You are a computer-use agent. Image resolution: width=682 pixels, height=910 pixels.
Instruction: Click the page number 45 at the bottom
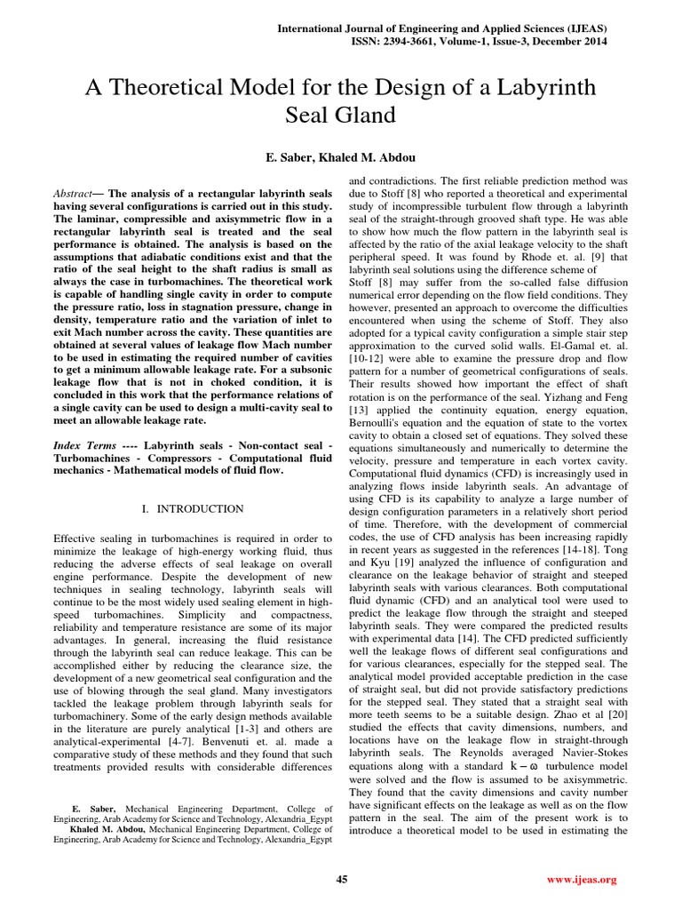tap(341, 880)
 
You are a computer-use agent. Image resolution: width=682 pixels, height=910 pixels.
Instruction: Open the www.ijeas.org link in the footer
tap(583, 880)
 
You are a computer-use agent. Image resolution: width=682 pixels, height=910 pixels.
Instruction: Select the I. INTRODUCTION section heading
tap(193, 509)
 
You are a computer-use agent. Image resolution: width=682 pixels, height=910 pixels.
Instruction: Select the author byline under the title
tap(341, 158)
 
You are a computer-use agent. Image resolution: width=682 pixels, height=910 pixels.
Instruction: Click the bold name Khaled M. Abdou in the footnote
tap(107, 826)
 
